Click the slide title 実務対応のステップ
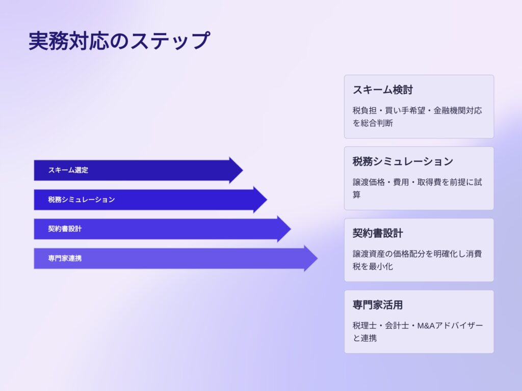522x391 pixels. [119, 41]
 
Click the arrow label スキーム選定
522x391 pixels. [68, 170]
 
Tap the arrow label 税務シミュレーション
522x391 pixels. [82, 200]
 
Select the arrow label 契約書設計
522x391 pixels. [65, 229]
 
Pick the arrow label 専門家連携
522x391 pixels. [65, 258]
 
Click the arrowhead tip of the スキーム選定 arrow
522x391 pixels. [243, 170]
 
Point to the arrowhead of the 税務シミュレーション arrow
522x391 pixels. [260, 200]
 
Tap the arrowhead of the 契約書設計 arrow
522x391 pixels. [284, 229]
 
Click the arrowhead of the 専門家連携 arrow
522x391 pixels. [311, 258]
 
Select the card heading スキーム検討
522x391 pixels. [383, 90]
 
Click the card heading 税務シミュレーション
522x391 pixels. [403, 161]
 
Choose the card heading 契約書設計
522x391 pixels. [378, 233]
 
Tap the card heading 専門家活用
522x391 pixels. [378, 305]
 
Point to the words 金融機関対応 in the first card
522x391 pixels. [458, 110]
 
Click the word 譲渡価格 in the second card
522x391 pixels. [369, 182]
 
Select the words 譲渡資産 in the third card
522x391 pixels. [369, 254]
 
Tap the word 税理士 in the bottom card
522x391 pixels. [365, 325]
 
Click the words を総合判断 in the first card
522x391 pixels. [373, 123]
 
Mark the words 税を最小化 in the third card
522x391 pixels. [373, 267]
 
